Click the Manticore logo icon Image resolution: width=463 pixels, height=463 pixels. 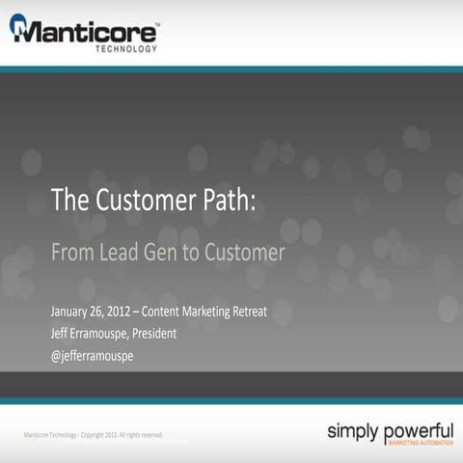(x=19, y=28)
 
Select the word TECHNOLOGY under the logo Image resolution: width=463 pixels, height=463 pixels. (x=125, y=48)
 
